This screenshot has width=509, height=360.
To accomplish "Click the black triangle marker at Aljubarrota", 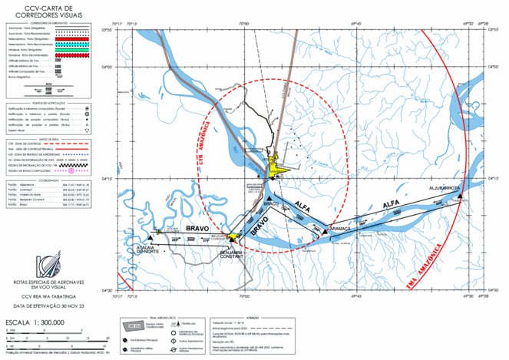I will pyautogui.click(x=459, y=197).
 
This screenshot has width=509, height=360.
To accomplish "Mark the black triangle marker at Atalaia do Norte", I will pyautogui.click(x=140, y=239).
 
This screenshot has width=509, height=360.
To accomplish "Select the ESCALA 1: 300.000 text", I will pyautogui.click(x=35, y=323).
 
